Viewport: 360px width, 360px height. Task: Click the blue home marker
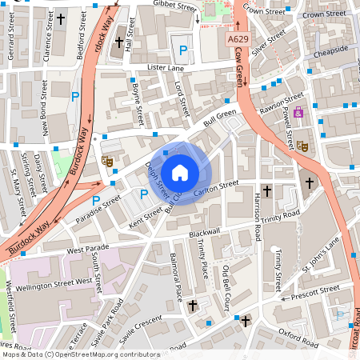[x=180, y=173]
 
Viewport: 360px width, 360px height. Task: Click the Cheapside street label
[x=330, y=50]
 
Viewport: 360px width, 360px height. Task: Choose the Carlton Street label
[x=216, y=185]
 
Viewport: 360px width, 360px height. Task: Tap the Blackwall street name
[x=204, y=231]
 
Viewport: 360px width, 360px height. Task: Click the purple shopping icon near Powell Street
[x=298, y=112]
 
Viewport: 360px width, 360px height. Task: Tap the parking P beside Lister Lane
[x=183, y=50]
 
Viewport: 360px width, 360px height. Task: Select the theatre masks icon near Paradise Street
[x=107, y=161]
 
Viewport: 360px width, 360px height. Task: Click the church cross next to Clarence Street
[x=62, y=18]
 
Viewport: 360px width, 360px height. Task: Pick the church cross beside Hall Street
[x=120, y=41]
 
